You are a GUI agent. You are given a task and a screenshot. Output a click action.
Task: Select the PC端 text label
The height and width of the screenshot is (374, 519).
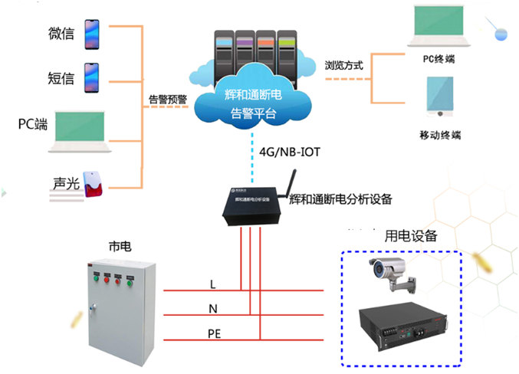pos(33,123)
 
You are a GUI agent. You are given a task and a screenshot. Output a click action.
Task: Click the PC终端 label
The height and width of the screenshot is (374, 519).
pos(439,59)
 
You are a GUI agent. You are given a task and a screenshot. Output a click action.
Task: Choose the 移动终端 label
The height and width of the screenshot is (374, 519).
pos(439,134)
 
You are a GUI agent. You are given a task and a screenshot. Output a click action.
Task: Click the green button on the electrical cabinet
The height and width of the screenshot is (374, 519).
pos(132,280)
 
